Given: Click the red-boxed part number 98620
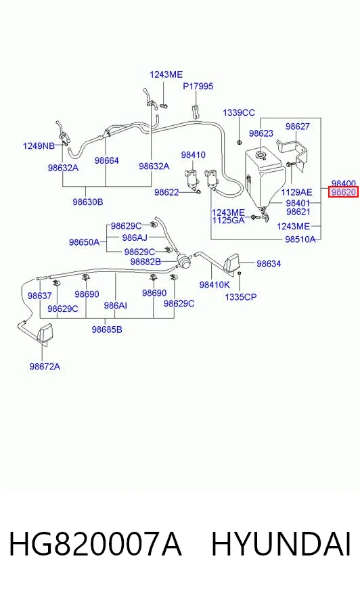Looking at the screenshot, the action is (344, 192).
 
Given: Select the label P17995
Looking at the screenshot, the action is (198, 86).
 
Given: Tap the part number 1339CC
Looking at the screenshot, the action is (238, 112).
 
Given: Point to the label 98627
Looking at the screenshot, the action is (297, 127).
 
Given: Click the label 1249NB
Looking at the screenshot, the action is (39, 145).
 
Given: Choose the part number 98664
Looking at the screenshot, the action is (106, 160).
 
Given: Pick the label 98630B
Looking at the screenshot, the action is (88, 202).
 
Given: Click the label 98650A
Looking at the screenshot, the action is (85, 242).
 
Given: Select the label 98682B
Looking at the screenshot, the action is (145, 262).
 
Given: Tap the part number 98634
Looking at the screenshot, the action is (269, 264).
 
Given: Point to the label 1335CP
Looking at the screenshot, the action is (241, 297).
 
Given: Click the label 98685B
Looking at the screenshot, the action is (107, 330).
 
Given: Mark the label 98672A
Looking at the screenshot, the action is (45, 367).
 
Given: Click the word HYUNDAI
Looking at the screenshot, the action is (281, 544).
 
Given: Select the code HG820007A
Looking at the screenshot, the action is (95, 544).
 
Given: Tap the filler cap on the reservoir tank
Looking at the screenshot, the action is (261, 155).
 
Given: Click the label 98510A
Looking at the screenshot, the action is (300, 240).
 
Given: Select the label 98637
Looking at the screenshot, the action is (39, 296).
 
